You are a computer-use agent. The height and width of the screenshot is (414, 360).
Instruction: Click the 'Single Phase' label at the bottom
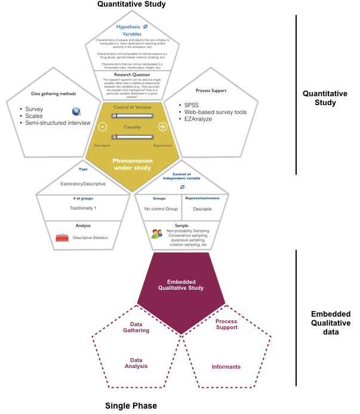click(131, 406)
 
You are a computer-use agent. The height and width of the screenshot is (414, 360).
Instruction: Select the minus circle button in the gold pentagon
click(103, 127)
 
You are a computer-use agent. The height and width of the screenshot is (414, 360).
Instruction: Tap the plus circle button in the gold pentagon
click(162, 127)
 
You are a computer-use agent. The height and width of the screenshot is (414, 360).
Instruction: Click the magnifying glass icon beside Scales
click(76, 111)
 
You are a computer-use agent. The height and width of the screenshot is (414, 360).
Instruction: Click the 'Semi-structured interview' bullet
click(57, 123)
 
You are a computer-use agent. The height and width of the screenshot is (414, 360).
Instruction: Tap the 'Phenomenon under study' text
click(132, 164)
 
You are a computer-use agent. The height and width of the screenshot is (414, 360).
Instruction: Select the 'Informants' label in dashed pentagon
click(226, 366)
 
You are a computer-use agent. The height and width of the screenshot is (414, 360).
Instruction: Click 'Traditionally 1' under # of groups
click(83, 208)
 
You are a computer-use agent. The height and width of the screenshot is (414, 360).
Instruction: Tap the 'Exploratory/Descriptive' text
click(84, 186)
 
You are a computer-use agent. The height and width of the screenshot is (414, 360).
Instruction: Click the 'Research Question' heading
click(132, 75)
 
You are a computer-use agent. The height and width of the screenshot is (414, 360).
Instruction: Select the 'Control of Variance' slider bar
click(133, 115)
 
